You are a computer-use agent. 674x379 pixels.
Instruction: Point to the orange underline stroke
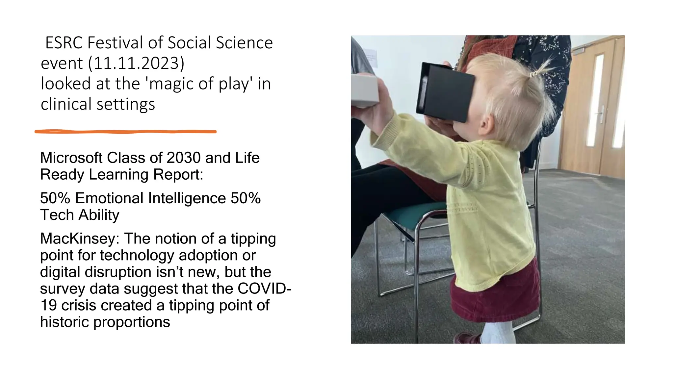pyautogui.click(x=125, y=132)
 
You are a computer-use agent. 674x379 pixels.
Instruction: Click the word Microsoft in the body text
pyautogui.click(x=71, y=158)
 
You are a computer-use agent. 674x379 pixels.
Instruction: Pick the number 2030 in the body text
pyautogui.click(x=184, y=158)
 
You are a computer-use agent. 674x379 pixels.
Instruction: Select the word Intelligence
pyautogui.click(x=187, y=198)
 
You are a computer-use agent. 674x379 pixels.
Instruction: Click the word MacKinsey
pyautogui.click(x=79, y=239)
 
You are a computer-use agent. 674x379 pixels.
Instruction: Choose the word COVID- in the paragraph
pyautogui.click(x=264, y=289)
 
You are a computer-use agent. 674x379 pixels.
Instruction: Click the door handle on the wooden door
pyautogui.click(x=600, y=114)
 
